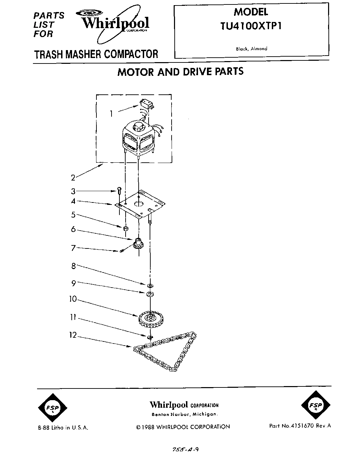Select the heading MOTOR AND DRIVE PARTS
181,72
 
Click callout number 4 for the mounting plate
73,201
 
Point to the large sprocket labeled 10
150,319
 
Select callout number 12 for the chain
73,335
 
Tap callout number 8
73,266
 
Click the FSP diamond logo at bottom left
53,408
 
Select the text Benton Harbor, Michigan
184,414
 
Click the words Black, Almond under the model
252,49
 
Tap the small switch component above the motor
146,104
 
